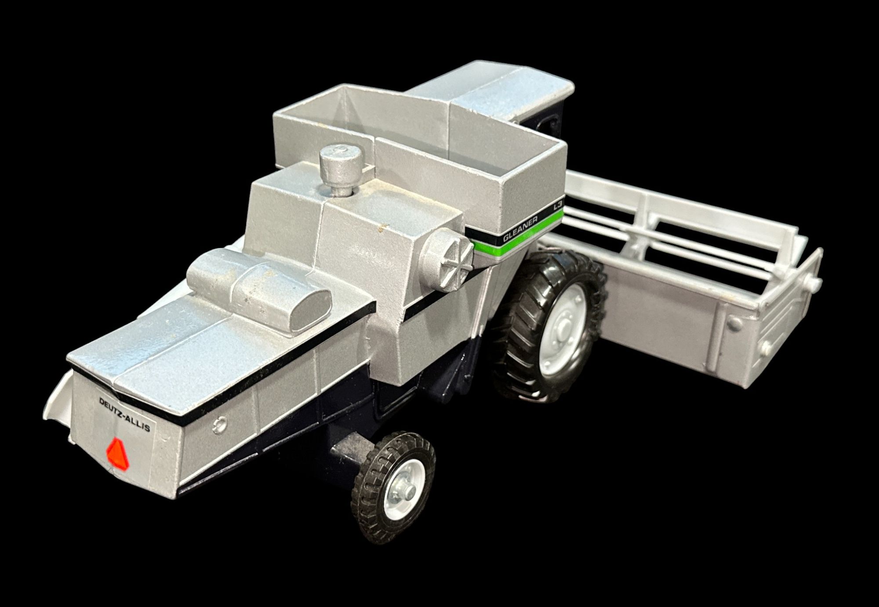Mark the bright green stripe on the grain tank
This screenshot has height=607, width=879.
click(x=519, y=238)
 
